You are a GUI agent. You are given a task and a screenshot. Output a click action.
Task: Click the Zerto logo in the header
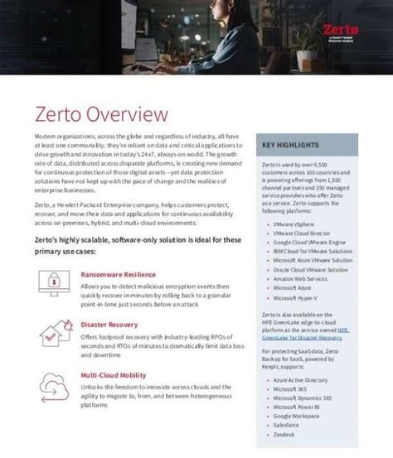336,32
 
